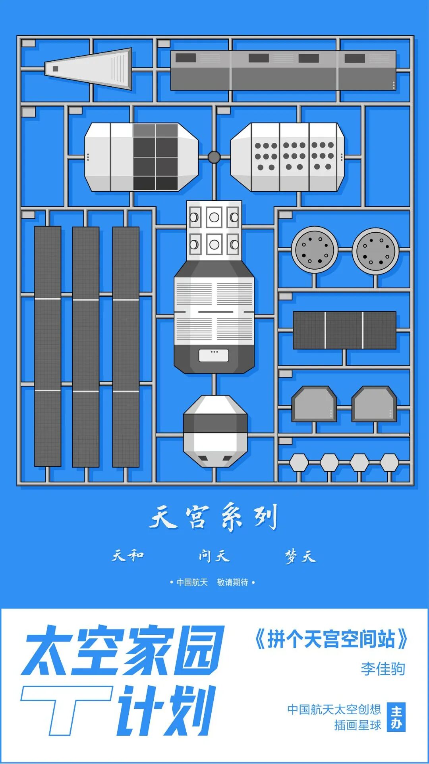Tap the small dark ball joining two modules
(214, 157)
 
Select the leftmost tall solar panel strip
(48, 346)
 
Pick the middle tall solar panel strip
(86, 346)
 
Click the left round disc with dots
(315, 249)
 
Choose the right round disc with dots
(375, 251)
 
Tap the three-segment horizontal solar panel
(344, 330)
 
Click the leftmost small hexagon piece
(299, 463)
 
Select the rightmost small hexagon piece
(389, 463)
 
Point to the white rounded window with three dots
(214, 355)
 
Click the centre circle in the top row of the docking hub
(214, 218)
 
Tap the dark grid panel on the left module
(155, 157)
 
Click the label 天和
(128, 555)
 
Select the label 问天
(214, 556)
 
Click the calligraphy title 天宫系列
(214, 517)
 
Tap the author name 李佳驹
(383, 669)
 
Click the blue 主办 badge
(396, 717)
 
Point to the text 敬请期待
(233, 582)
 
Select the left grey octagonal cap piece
(314, 404)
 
